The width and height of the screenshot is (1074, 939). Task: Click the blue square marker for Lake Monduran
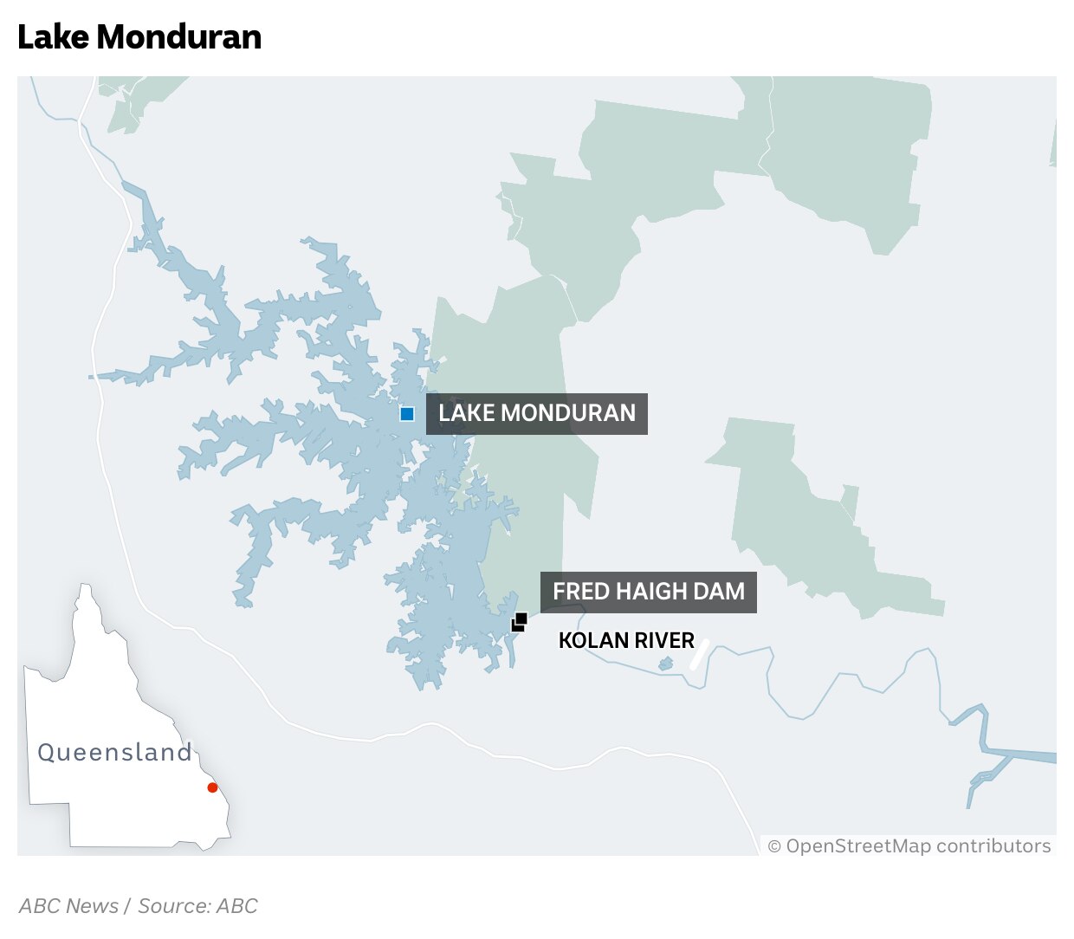pos(407,414)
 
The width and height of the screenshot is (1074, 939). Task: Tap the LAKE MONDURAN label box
pos(537,413)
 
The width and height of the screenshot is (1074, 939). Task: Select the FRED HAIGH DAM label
pos(649,592)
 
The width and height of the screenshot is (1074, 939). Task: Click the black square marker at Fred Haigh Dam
pos(520,622)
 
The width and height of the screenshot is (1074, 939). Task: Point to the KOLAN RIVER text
pos(626,641)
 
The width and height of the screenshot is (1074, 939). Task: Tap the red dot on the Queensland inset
pos(212,787)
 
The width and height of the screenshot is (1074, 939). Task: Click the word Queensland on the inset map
pos(114,752)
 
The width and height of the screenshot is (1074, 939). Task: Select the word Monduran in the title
pos(179,37)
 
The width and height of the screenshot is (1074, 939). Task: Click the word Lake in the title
pos(53,37)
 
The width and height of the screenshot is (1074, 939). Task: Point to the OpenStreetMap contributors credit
pos(909,846)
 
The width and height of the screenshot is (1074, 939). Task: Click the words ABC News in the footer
pos(69,906)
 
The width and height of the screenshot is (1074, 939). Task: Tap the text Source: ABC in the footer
pos(198,906)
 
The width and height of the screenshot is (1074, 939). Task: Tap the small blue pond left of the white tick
pos(665,664)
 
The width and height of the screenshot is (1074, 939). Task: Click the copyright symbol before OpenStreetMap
pos(774,847)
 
